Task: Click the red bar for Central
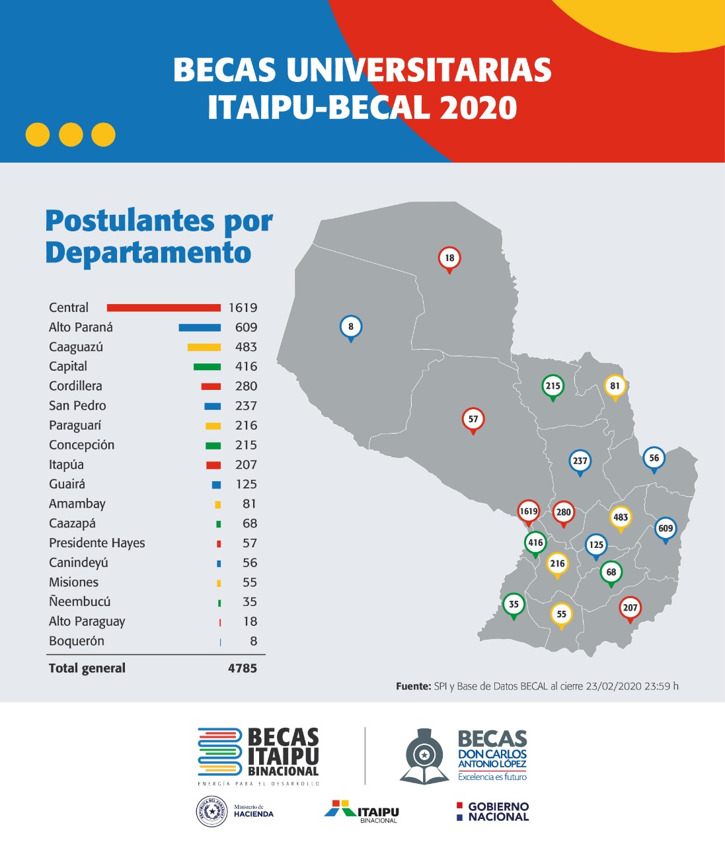[x=163, y=307]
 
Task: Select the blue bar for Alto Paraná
[x=200, y=327]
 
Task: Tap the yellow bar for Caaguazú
[x=204, y=347]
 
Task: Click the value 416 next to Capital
[x=246, y=366]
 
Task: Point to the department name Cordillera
[x=75, y=386]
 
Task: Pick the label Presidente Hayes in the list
[x=96, y=543]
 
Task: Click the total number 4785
[x=243, y=668]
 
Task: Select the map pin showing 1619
[x=529, y=512]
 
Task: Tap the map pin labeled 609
[x=666, y=529]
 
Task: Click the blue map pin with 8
[x=351, y=327]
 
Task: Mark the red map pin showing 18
[x=449, y=258]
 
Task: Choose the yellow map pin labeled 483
[x=621, y=518]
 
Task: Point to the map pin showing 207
[x=630, y=608]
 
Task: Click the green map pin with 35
[x=514, y=604]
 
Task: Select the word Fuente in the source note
[x=412, y=686]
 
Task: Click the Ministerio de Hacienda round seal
[x=212, y=811]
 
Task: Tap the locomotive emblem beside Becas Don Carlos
[x=424, y=756]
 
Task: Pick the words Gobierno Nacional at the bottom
[x=498, y=812]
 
